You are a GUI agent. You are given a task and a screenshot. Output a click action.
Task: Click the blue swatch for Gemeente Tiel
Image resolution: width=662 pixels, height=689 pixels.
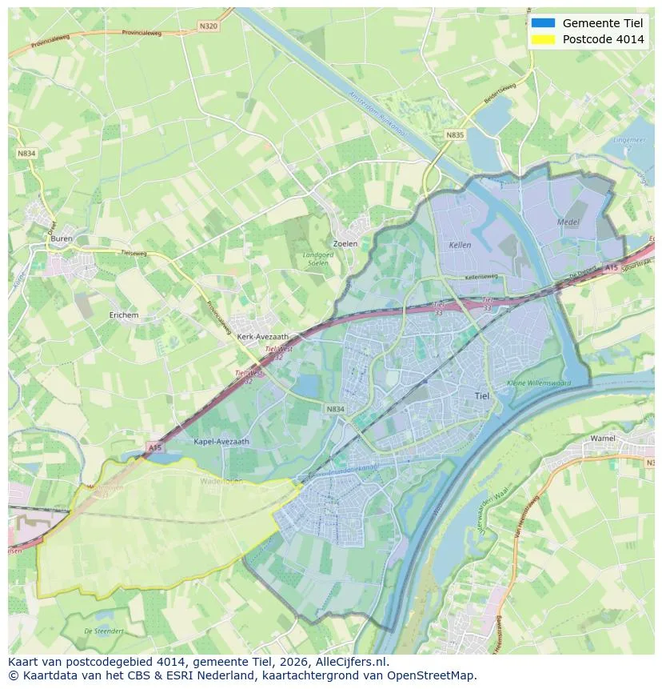pos(542,22)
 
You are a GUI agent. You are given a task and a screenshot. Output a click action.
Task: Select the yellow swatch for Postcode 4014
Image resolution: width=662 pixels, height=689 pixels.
pos(542,39)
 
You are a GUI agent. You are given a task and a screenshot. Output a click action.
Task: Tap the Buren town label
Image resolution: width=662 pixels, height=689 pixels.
pos(61,238)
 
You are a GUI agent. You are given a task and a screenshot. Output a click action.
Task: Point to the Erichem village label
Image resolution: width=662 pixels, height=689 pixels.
pos(123,315)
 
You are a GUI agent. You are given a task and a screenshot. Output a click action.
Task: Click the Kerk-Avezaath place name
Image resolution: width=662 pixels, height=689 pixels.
pos(263,337)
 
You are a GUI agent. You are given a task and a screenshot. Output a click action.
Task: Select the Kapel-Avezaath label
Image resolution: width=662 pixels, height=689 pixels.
pos(221,441)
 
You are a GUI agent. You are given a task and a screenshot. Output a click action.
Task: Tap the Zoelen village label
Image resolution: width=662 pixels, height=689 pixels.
pos(345,243)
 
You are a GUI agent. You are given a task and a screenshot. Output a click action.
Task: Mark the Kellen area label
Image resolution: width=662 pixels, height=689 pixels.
pos(460,245)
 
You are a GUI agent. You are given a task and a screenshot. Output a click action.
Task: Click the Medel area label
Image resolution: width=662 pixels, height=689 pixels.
pos(568,221)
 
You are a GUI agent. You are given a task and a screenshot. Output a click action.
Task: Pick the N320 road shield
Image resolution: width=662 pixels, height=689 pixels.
pos(208,26)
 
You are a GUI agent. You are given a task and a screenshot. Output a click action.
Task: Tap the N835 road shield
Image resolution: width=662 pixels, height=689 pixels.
pos(454,135)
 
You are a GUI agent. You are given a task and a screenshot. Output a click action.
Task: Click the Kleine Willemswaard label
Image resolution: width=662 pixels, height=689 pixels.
pos(539,383)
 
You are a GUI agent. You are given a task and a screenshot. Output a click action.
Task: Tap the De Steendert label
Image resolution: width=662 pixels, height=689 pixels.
pos(104,631)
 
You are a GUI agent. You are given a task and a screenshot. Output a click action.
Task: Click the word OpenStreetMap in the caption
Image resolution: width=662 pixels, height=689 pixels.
pos(432,675)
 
